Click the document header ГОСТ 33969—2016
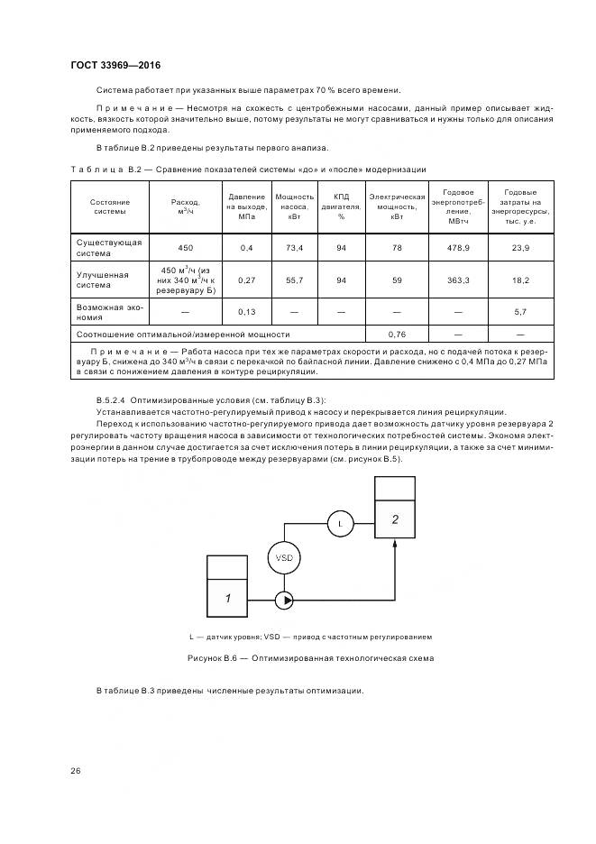[108, 65]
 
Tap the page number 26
[76, 770]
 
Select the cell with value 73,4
[294, 247]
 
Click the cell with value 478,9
[458, 247]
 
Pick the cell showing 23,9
[520, 247]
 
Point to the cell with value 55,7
[294, 280]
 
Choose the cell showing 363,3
[458, 280]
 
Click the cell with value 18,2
[520, 280]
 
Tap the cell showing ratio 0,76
[396, 333]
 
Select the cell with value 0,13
[246, 312]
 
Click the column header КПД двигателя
[341, 206]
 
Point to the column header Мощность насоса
[294, 206]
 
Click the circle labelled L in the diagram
[340, 522]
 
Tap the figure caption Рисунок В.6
[309, 658]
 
